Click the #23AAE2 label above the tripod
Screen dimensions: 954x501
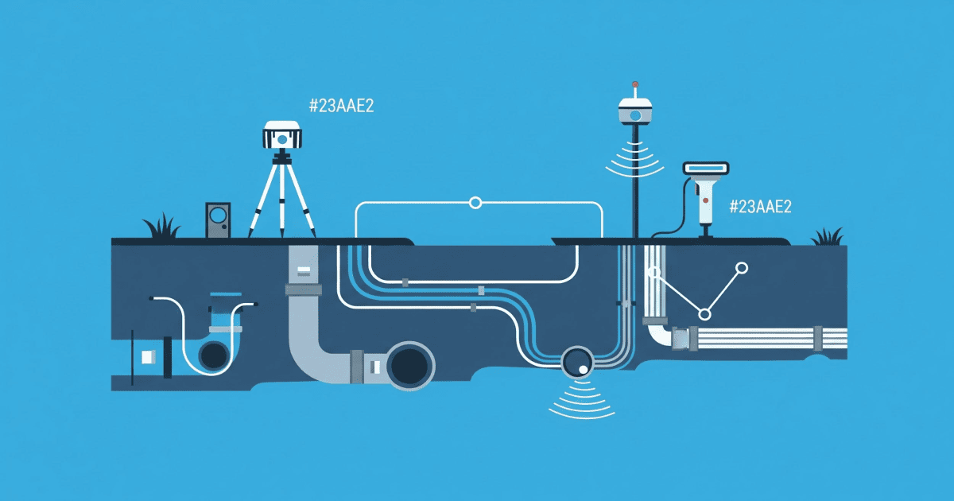click(x=342, y=106)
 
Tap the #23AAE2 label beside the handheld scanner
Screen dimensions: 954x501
click(x=761, y=207)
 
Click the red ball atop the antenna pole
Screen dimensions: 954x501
click(x=635, y=84)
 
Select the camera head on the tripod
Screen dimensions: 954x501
click(x=282, y=135)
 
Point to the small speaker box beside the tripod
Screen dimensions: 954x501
click(x=218, y=219)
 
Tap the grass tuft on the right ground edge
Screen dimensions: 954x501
click(x=828, y=237)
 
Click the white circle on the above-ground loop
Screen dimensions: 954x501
click(x=475, y=203)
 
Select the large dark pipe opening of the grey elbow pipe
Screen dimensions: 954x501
click(x=409, y=366)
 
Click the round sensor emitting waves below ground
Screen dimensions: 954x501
click(x=578, y=363)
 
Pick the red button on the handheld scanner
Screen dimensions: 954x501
click(x=705, y=200)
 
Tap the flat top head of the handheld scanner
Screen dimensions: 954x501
click(x=706, y=169)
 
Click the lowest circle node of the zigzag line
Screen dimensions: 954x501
click(x=705, y=314)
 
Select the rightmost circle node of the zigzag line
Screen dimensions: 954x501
click(x=742, y=267)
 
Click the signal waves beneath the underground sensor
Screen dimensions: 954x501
click(x=581, y=401)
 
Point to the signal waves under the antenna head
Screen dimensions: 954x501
click(x=634, y=161)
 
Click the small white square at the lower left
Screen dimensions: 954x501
click(x=149, y=357)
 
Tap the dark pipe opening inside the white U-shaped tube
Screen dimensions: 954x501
click(x=214, y=355)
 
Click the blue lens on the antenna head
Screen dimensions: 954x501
click(x=635, y=115)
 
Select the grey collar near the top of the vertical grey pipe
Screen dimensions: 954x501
click(x=303, y=290)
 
